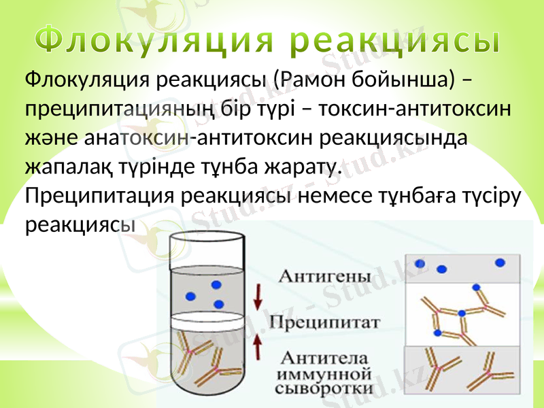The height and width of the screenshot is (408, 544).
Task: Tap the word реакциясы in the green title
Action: pos(392,42)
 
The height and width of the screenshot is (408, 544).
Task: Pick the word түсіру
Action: pos(488,196)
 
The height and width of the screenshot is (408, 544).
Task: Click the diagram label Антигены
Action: pos(325,277)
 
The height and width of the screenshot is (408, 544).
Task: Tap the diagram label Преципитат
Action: pos(324,322)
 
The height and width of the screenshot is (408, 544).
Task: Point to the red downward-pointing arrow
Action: pos(258,297)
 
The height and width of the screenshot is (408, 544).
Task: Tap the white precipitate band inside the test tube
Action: pos(204,318)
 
